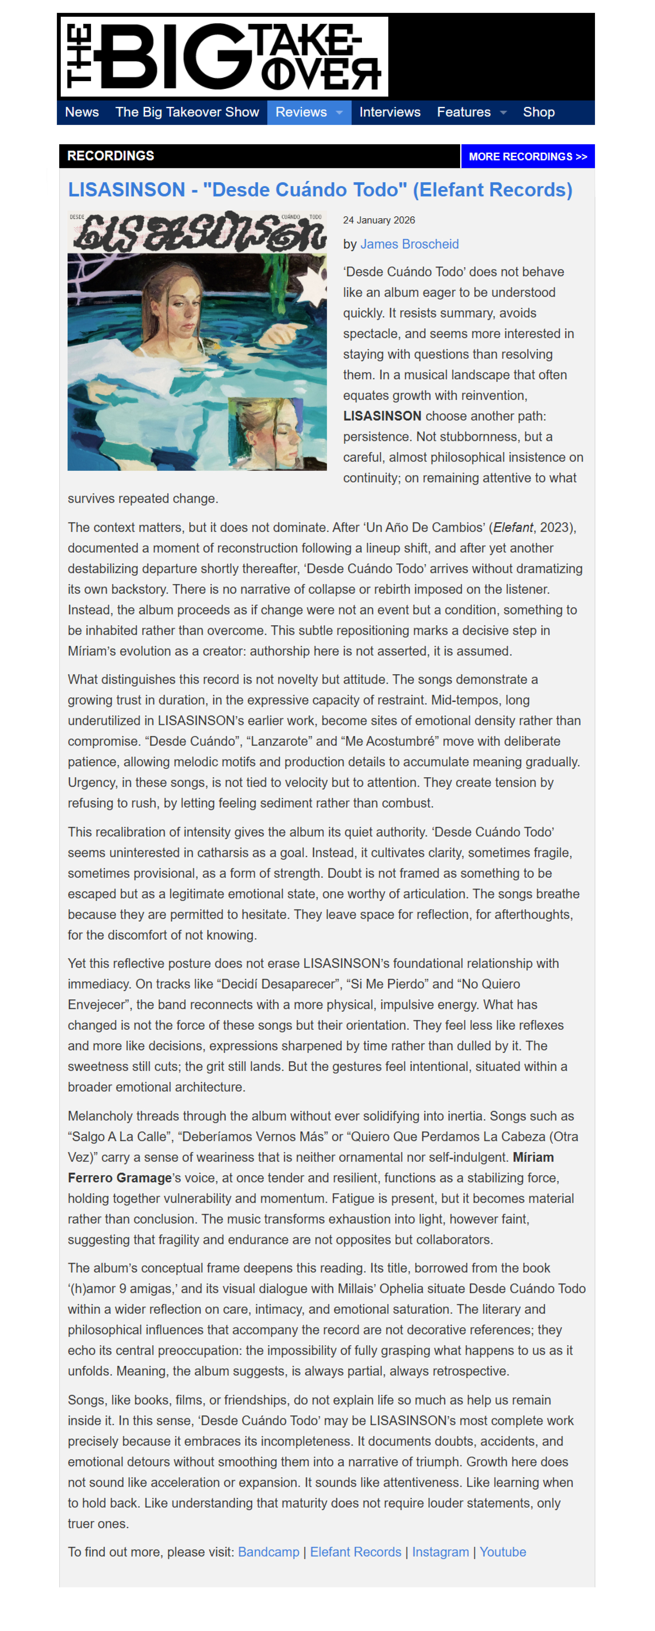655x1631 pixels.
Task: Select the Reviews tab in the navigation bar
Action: click(301, 112)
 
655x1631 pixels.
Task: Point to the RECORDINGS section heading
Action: click(111, 156)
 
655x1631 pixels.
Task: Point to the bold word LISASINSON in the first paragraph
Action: click(382, 416)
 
